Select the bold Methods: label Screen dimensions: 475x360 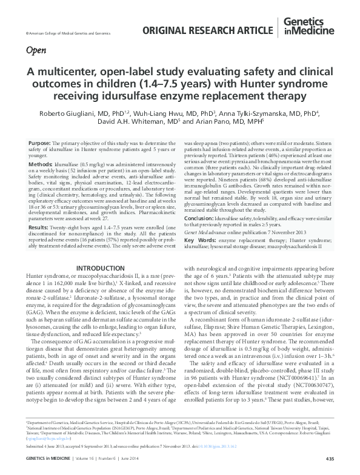pyautogui.click(x=41, y=164)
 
